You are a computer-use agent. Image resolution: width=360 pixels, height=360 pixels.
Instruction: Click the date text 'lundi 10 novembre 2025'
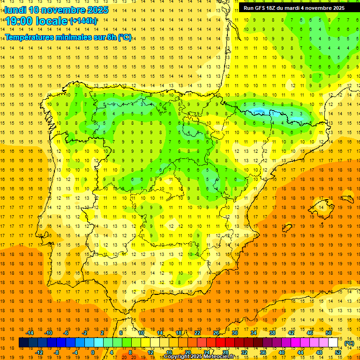coord(56,10)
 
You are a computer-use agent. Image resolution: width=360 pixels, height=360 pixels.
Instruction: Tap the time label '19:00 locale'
coord(37,21)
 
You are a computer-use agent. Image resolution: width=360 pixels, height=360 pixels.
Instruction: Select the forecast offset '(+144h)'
coord(83,21)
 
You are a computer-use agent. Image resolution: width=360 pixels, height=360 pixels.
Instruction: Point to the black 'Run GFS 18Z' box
coord(294,8)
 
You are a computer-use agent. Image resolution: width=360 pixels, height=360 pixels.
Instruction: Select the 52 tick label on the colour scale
coord(338,352)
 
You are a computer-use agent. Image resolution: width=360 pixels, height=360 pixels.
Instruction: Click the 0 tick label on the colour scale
coord(93,352)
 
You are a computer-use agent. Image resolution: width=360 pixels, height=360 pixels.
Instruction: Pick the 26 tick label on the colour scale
coord(216,333)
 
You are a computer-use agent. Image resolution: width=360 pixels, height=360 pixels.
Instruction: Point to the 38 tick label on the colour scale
coord(272,333)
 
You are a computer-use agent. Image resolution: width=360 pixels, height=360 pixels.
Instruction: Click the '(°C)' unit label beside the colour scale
coord(349,343)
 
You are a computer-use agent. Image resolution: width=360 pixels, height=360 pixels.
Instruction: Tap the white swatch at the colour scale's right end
coord(333,343)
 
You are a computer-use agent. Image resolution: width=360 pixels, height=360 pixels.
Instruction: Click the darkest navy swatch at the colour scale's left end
coord(24,343)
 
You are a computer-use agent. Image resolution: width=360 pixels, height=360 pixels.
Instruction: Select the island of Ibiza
coord(287,228)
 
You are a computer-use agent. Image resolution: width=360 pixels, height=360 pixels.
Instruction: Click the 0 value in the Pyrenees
coord(273,113)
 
